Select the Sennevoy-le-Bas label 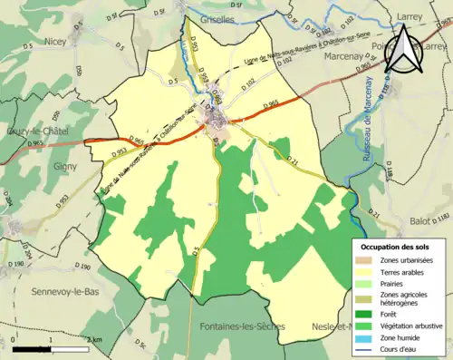point(46,291)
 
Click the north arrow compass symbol point(403,52)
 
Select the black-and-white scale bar point(50,347)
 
